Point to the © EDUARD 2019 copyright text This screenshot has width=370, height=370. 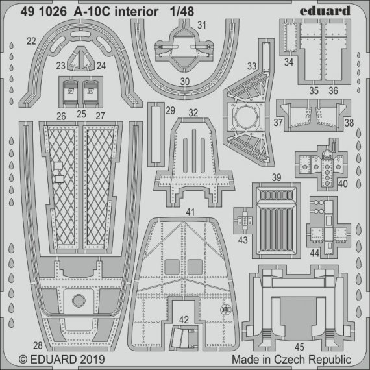coord(58,358)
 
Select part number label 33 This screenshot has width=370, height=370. coord(252,66)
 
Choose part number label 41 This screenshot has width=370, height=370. coord(190,212)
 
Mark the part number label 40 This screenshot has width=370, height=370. coord(343,183)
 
